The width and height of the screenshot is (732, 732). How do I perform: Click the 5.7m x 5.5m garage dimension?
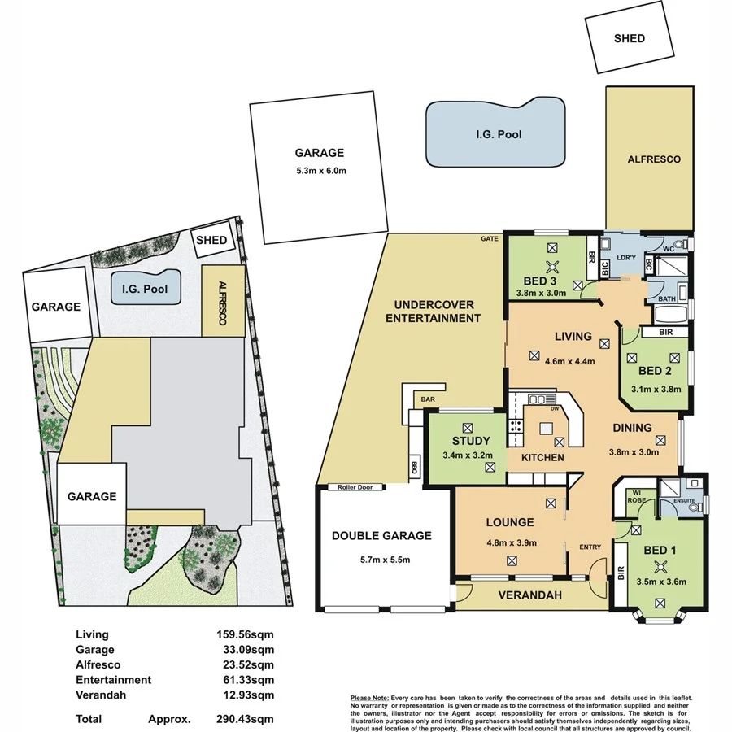[381, 560]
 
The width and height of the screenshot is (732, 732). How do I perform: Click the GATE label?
[490, 239]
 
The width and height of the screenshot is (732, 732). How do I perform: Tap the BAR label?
[426, 400]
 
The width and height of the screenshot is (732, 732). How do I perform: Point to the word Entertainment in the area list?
[113, 679]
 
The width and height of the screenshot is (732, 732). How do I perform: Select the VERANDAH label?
[532, 595]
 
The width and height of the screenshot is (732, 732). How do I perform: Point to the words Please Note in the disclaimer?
[368, 698]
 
